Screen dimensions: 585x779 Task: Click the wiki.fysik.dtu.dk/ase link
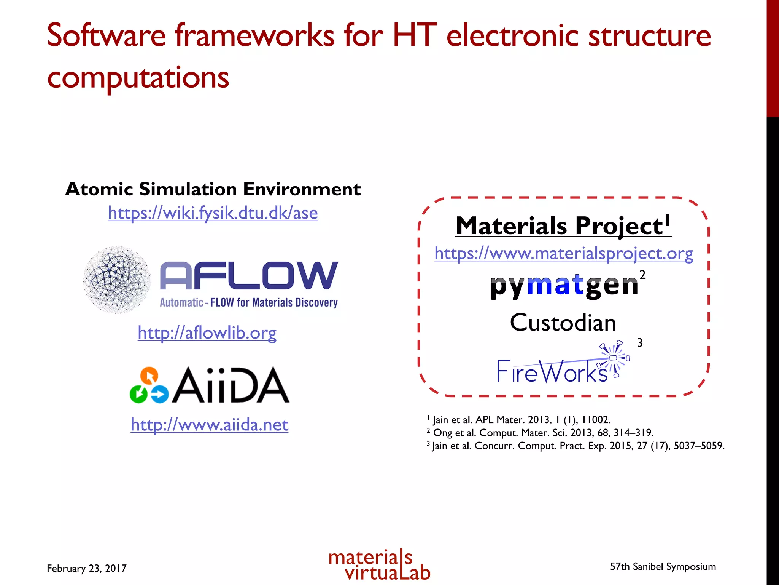[213, 213]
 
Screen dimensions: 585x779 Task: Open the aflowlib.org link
[207, 333]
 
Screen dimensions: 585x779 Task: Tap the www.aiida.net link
[209, 424]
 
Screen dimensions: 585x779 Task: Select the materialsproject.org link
[564, 253]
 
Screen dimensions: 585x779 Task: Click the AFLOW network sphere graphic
[117, 280]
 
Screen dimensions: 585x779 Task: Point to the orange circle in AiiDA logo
[149, 376]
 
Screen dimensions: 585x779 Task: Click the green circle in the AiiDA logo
[138, 394]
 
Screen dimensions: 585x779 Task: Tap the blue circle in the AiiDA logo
[160, 394]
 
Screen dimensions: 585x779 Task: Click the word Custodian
[563, 323]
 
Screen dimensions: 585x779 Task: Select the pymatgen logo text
[564, 286]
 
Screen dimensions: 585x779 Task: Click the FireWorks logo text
[552, 372]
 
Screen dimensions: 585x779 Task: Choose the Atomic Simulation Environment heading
[213, 189]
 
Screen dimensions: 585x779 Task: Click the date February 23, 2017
[86, 568]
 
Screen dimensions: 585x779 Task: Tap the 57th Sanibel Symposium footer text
[663, 567]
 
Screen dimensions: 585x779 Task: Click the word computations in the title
[138, 77]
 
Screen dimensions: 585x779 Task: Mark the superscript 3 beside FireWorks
[640, 343]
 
